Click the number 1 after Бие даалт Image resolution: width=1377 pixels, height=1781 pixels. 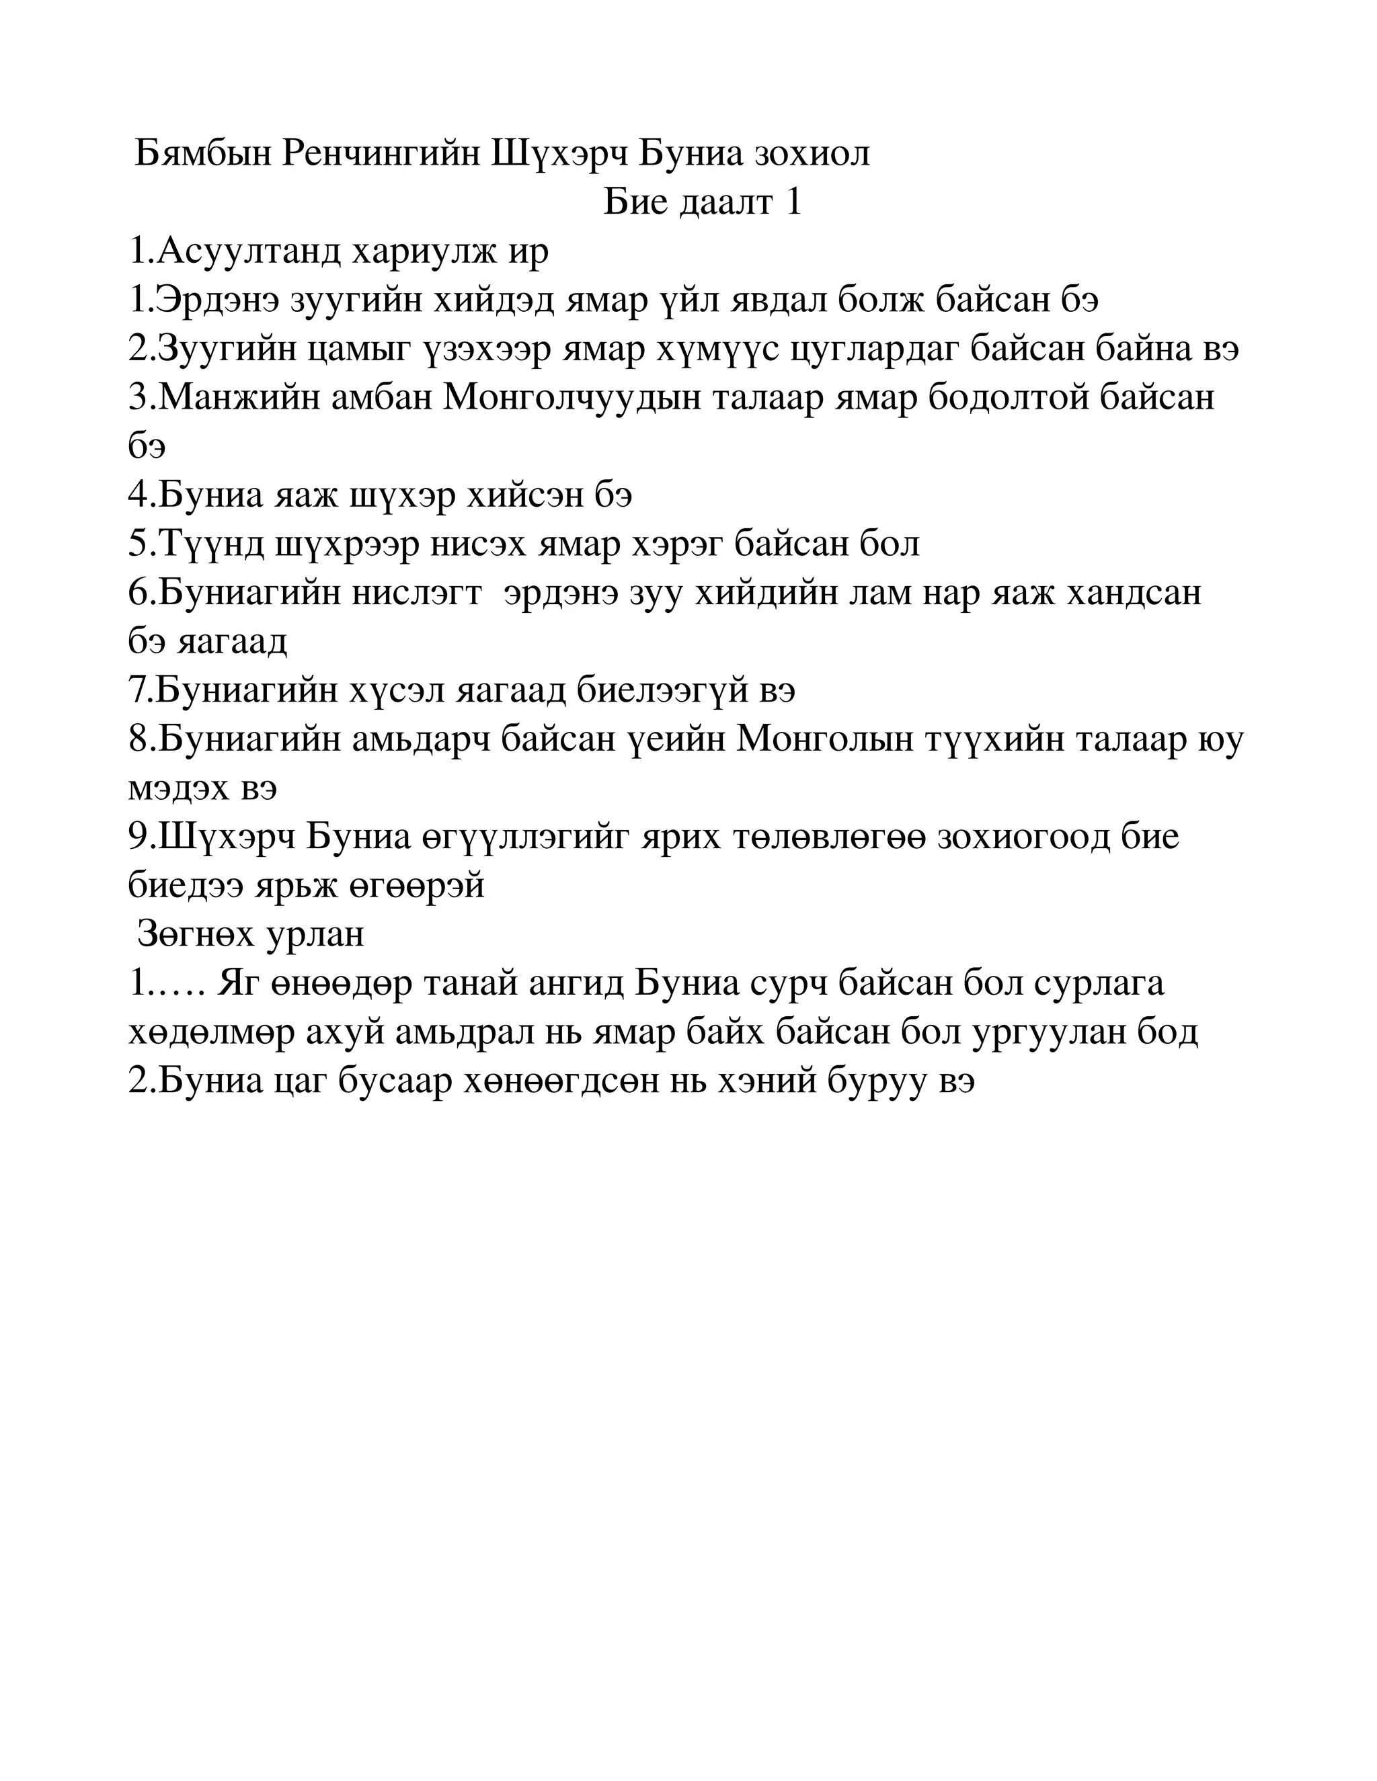[x=792, y=202]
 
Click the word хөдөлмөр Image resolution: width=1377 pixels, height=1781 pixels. [x=211, y=1032]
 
